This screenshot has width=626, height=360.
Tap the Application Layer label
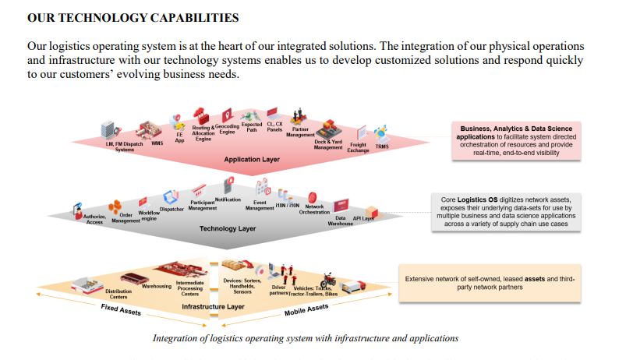(x=251, y=160)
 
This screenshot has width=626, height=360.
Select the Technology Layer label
(x=228, y=228)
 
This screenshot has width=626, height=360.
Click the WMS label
(x=157, y=143)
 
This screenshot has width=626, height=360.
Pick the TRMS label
(x=382, y=146)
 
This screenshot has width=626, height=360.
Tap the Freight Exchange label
(x=358, y=147)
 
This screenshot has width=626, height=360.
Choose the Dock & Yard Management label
(x=328, y=144)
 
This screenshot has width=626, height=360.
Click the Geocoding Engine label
(x=227, y=129)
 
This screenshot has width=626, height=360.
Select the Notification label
(x=228, y=199)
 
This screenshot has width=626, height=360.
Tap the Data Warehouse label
(x=341, y=221)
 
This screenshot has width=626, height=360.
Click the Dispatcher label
(x=172, y=209)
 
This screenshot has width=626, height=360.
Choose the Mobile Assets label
(x=306, y=311)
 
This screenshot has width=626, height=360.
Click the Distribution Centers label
(x=118, y=294)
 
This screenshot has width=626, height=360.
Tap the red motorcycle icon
(x=328, y=279)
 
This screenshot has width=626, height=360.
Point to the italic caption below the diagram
(x=306, y=338)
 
